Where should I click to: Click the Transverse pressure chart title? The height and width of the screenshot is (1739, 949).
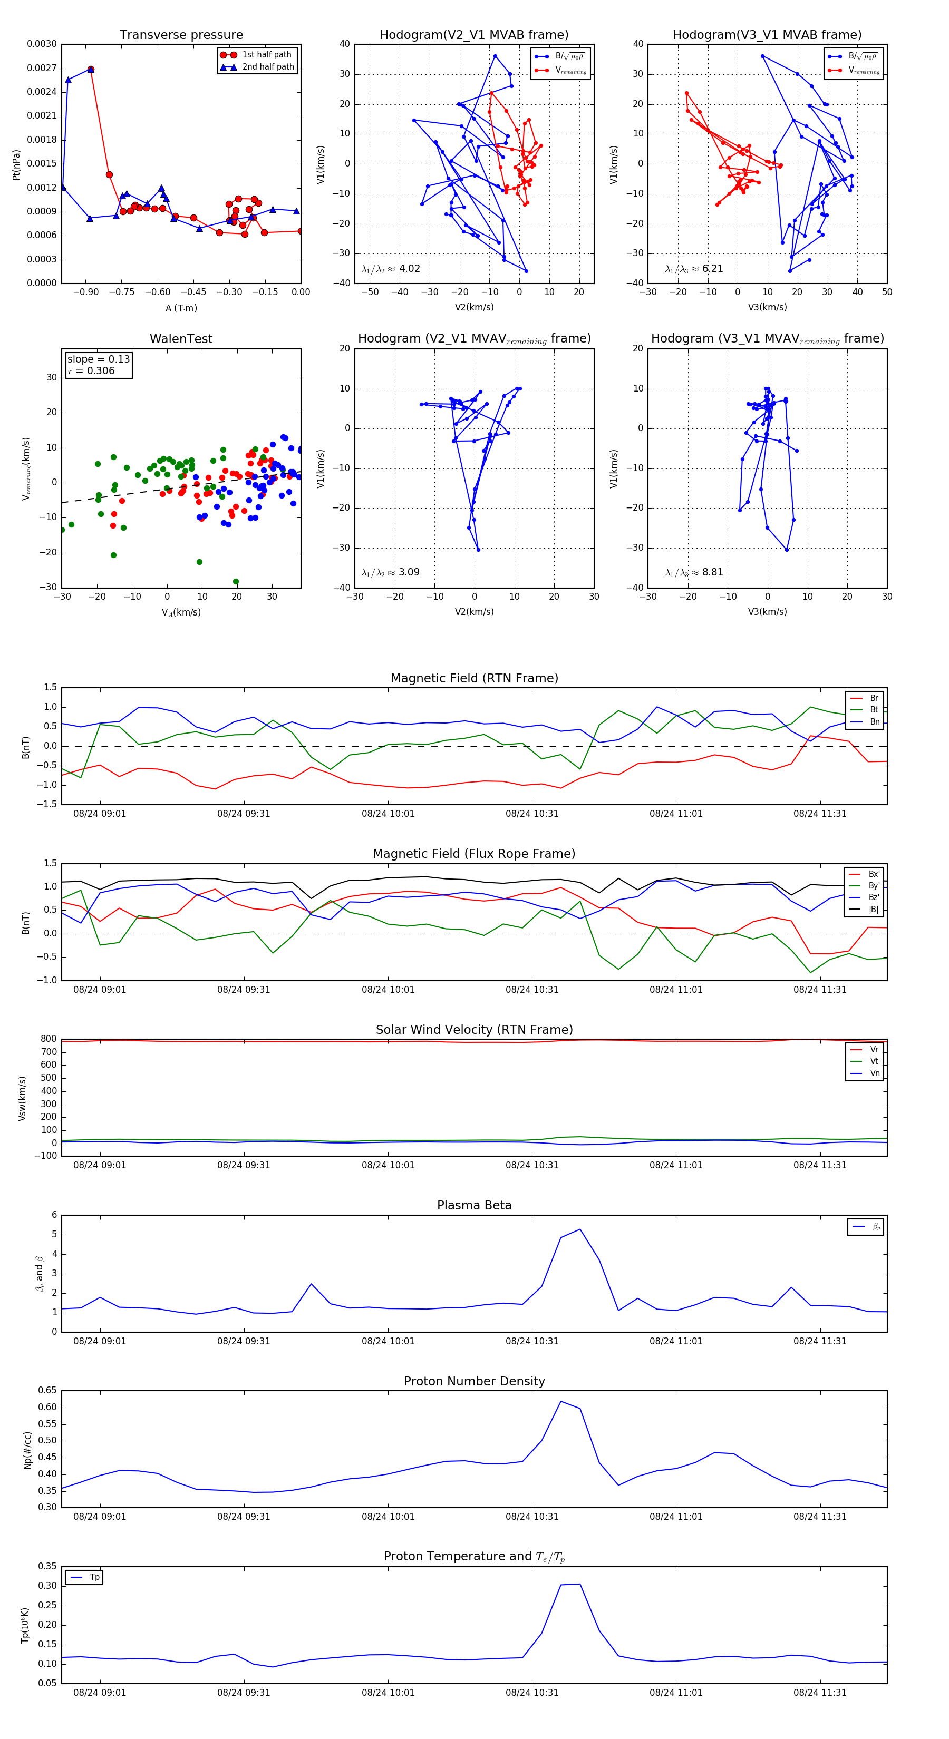point(181,35)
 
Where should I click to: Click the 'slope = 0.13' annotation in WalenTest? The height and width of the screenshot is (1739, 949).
point(98,359)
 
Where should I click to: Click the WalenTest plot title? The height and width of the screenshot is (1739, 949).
point(181,339)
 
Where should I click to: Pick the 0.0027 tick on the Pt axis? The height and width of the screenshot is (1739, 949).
point(42,68)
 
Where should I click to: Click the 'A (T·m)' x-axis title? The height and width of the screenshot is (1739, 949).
point(181,308)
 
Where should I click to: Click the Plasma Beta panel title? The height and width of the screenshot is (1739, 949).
point(474,1205)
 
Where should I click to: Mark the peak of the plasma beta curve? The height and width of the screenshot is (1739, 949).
point(579,1229)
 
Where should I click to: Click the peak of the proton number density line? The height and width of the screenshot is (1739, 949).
point(560,1401)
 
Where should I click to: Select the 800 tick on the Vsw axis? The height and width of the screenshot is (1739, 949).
point(49,1039)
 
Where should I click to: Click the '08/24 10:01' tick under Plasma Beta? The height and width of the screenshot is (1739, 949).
point(388,1341)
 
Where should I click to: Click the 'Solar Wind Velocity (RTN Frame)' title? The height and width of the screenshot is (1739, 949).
point(474,1030)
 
